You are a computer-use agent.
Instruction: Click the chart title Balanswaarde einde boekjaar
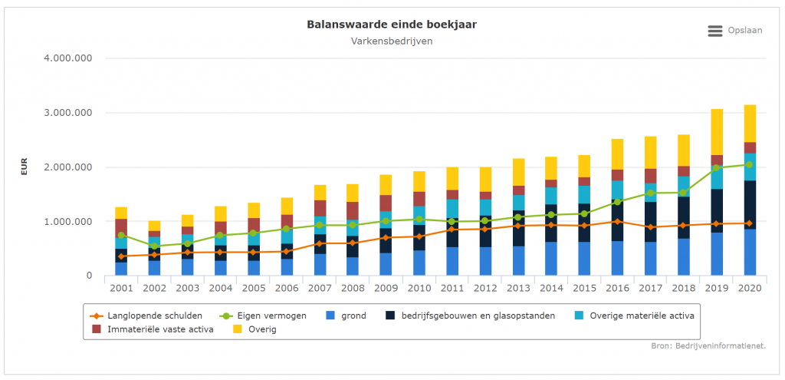point(392,25)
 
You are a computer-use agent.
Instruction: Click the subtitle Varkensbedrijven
point(392,41)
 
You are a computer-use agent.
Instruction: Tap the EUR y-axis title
point(24,167)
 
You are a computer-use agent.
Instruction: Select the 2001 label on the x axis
point(121,287)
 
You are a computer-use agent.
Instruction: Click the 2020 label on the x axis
point(750,287)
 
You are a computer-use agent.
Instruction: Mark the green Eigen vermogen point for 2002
point(154,246)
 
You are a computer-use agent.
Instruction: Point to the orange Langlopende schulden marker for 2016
point(617,222)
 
